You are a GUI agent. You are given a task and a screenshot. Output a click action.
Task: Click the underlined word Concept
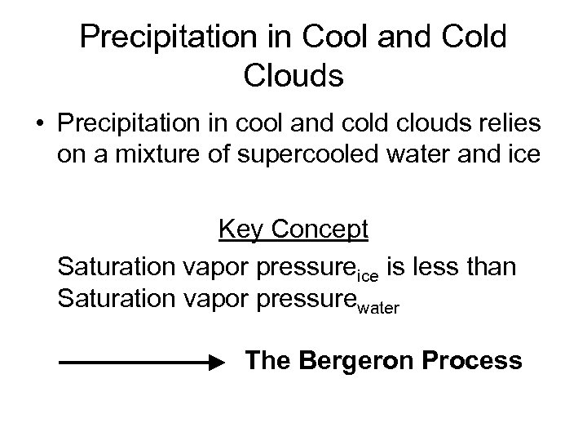pyautogui.click(x=320, y=231)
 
